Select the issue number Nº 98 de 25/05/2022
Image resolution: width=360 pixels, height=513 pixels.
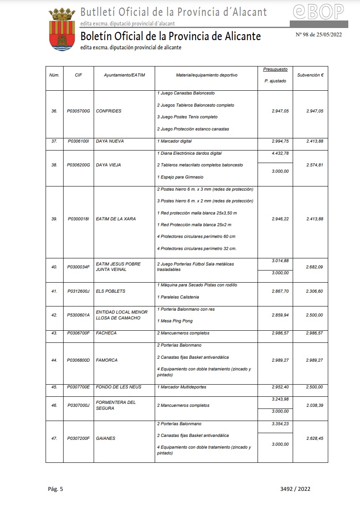pyautogui.click(x=319, y=34)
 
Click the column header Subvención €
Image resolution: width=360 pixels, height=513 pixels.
pyautogui.click(x=311, y=75)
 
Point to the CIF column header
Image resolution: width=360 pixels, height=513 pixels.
pyautogui.click(x=78, y=75)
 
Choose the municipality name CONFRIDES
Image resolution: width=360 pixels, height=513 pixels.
pyautogui.click(x=109, y=111)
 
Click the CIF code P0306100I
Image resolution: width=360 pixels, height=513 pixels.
pyautogui.click(x=79, y=141)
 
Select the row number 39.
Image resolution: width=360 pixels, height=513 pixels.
pyautogui.click(x=54, y=219)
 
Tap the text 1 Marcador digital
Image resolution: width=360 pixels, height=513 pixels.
pyautogui.click(x=174, y=141)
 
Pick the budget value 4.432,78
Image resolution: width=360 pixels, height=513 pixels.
pyautogui.click(x=280, y=153)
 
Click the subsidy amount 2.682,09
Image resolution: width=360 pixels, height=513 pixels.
pyautogui.click(x=315, y=267)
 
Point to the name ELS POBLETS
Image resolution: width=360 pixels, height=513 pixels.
pyautogui.click(x=110, y=291)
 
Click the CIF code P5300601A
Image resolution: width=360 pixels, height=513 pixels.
pyautogui.click(x=79, y=315)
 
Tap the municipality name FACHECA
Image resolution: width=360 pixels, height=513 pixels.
pyautogui.click(x=106, y=333)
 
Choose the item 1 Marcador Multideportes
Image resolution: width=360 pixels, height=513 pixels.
pyautogui.click(x=181, y=387)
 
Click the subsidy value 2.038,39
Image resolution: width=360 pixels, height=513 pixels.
pyautogui.click(x=315, y=406)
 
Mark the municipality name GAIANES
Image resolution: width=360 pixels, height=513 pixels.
pyautogui.click(x=105, y=439)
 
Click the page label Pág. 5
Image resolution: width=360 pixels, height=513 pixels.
pyautogui.click(x=54, y=489)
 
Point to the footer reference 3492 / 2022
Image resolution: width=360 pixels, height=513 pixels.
pyautogui.click(x=295, y=489)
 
